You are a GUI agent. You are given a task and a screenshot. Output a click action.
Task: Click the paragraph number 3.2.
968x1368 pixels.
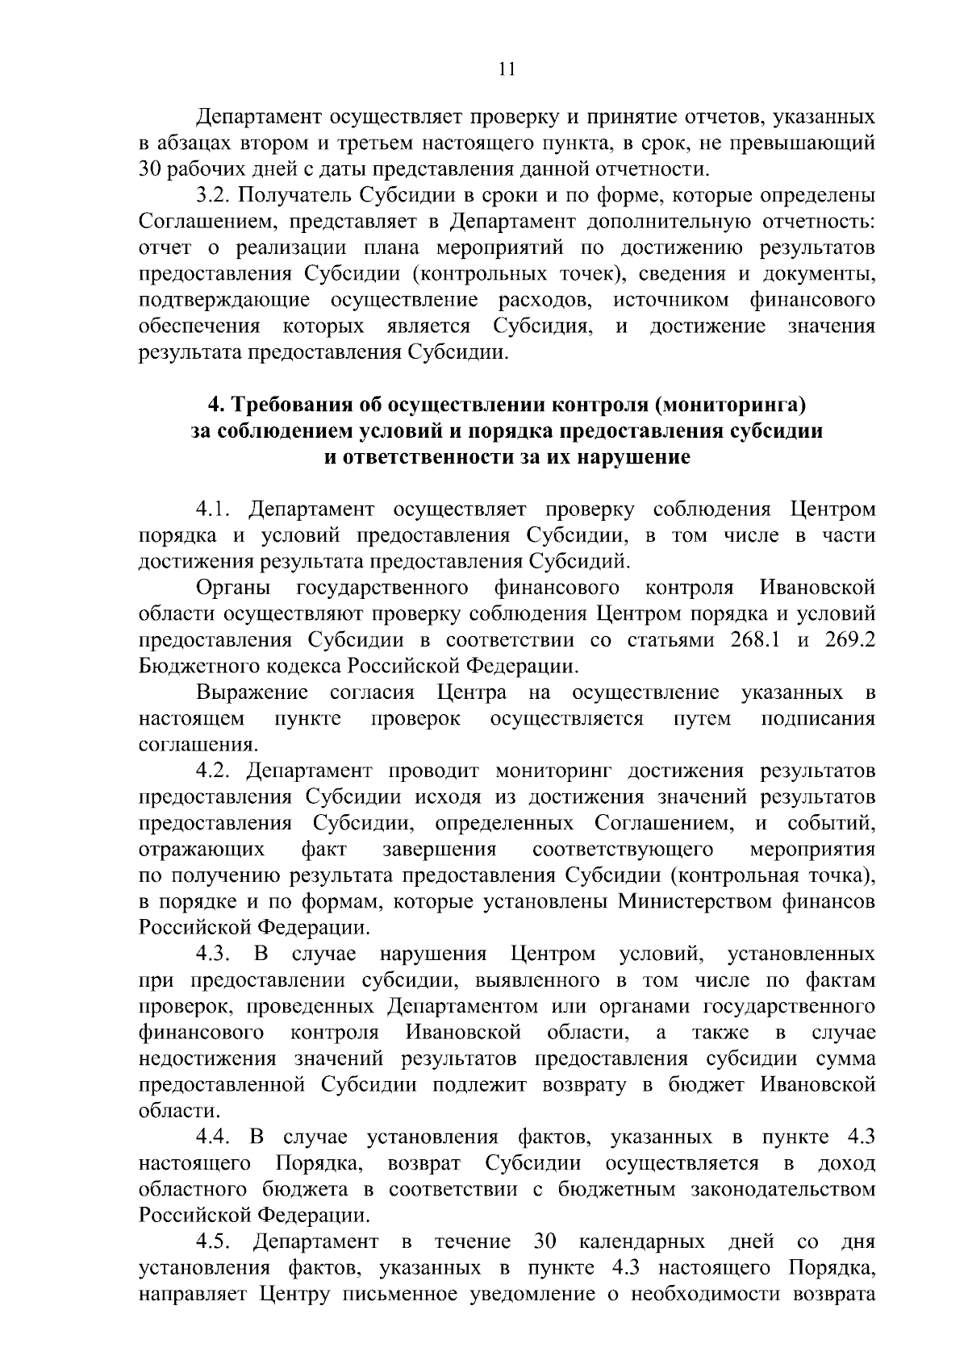[214, 197]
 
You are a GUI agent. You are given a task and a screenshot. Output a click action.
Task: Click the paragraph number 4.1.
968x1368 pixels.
[214, 509]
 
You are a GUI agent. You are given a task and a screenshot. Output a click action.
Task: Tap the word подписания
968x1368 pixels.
[818, 719]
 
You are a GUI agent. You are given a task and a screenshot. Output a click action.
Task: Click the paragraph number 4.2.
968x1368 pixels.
[214, 771]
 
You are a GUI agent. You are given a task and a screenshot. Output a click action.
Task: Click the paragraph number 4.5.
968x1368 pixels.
[214, 1241]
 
